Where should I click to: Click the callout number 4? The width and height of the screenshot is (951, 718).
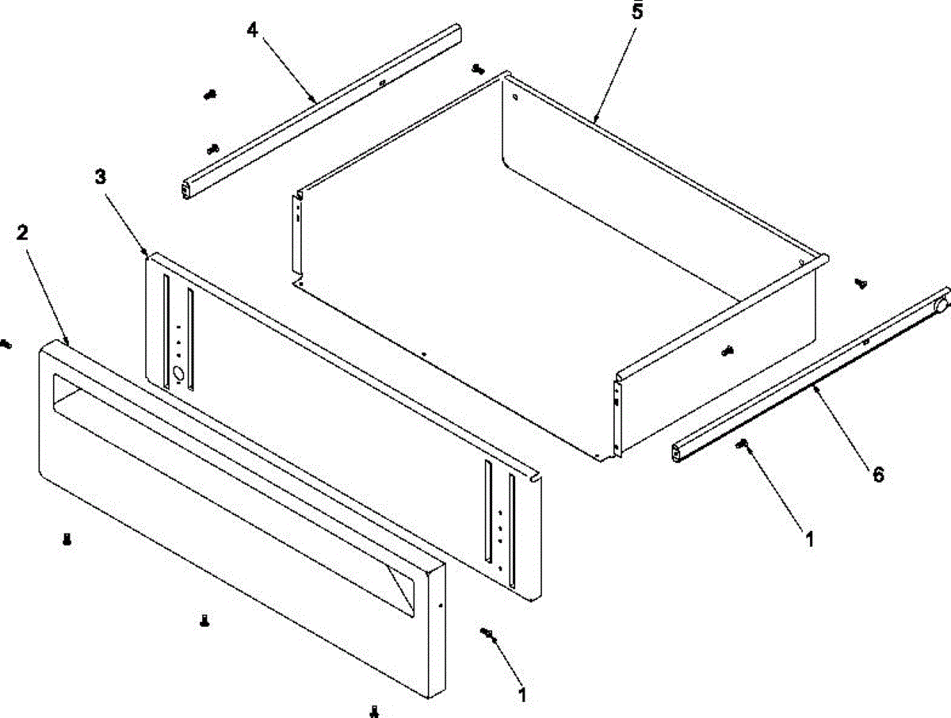pos(252,31)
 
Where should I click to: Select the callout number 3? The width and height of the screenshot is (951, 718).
pos(100,178)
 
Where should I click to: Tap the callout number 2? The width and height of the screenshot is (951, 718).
pos(23,233)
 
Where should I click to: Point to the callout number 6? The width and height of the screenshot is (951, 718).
pos(878,475)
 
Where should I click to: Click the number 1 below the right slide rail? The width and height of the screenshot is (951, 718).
pos(809,540)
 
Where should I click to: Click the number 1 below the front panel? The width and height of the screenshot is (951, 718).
pos(521,696)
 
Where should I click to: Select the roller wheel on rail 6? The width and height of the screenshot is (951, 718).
pos(941,305)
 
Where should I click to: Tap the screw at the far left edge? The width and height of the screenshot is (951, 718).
pos(6,344)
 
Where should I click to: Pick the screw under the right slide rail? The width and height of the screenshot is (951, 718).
pos(743,445)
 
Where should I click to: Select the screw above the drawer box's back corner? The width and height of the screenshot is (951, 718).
pos(477,69)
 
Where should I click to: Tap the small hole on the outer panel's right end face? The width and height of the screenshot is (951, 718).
pos(440,605)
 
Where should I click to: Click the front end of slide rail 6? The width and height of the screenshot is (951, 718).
pos(678,454)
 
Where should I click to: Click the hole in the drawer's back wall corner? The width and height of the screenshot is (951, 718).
pos(516,99)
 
